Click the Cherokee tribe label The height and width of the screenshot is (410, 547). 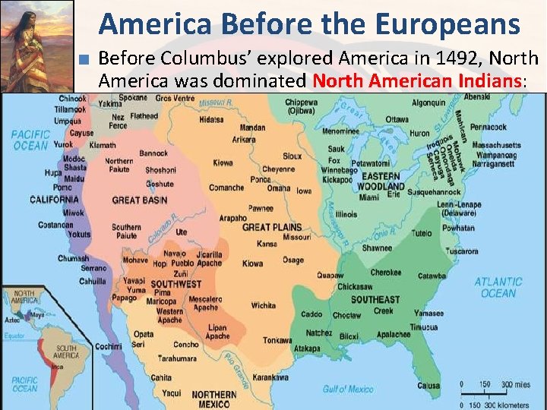pyautogui.click(x=386, y=273)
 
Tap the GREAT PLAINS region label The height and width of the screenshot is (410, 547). pyautogui.click(x=271, y=227)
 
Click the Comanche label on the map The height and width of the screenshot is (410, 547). pyautogui.click(x=226, y=188)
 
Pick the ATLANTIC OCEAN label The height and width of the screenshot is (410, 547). pyautogui.click(x=498, y=288)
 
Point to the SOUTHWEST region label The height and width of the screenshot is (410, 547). pyautogui.click(x=175, y=284)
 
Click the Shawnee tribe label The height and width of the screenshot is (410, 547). pyautogui.click(x=377, y=248)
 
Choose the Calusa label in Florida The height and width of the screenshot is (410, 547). pyautogui.click(x=428, y=386)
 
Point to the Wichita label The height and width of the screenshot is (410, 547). pyautogui.click(x=264, y=306)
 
